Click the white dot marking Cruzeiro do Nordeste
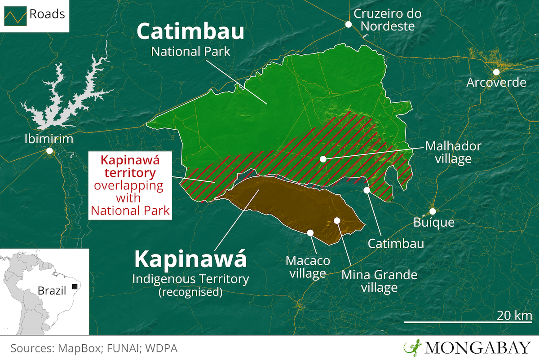(348, 24)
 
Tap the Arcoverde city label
(496, 83)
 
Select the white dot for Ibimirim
(49, 151)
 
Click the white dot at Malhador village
(323, 159)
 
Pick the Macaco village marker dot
(310, 232)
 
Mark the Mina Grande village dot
(336, 220)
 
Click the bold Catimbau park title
(190, 31)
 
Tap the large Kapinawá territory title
(190, 259)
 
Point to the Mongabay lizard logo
(411, 347)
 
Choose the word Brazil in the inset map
(52, 291)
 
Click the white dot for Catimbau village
(367, 190)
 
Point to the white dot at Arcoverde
(496, 72)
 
